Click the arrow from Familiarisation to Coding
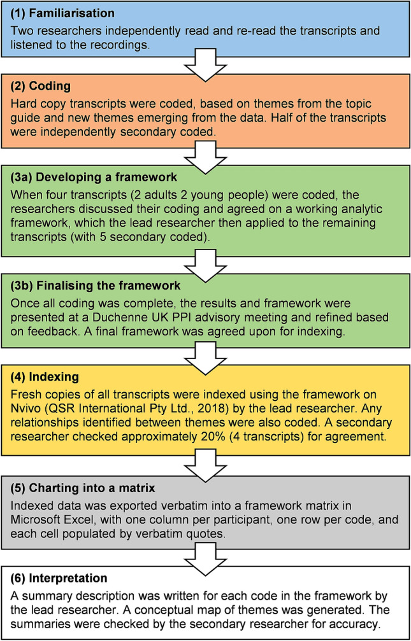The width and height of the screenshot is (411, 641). (205, 66)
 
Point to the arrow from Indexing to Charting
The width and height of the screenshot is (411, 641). (205, 451)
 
